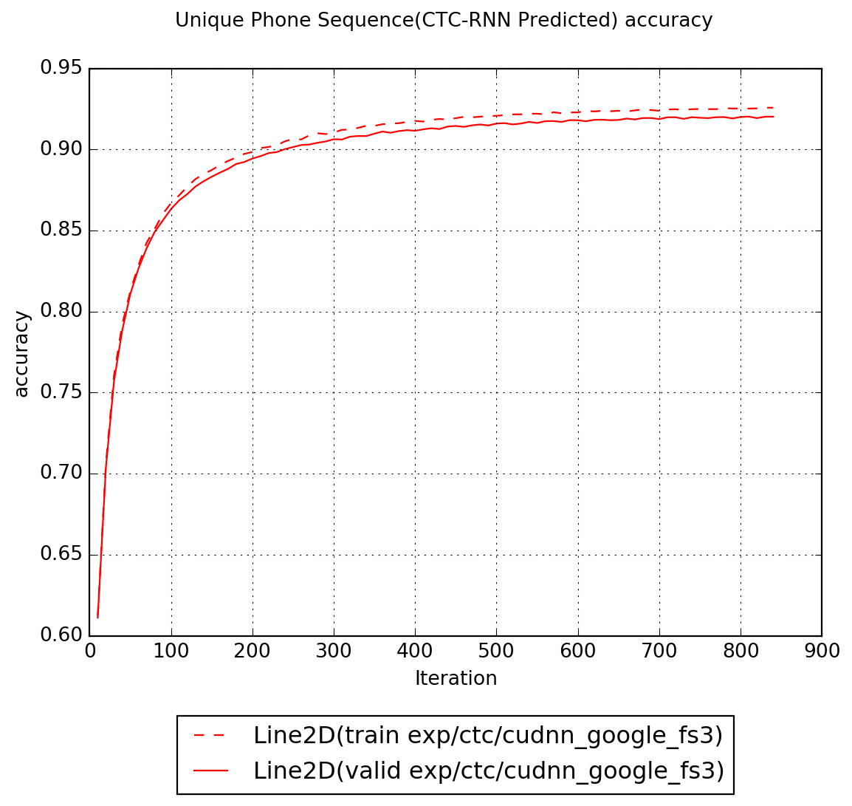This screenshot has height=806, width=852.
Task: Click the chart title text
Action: pyautogui.click(x=444, y=21)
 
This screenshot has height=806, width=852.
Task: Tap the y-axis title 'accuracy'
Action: pyautogui.click(x=22, y=353)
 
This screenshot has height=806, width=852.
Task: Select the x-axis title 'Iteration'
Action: pyautogui.click(x=456, y=678)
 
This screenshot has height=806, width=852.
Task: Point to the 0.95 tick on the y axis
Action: pyautogui.click(x=61, y=69)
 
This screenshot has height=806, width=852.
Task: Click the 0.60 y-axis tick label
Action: pyautogui.click(x=61, y=636)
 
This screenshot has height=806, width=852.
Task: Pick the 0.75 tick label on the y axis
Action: pyautogui.click(x=61, y=392)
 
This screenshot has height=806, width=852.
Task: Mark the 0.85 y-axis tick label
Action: pyautogui.click(x=61, y=230)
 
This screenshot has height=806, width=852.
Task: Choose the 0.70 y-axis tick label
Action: pyautogui.click(x=61, y=474)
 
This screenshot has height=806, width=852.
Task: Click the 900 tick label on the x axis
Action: pyautogui.click(x=822, y=652)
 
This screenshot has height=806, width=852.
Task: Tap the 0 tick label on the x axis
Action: pyautogui.click(x=90, y=652)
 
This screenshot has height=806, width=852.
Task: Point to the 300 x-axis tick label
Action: pyautogui.click(x=334, y=652)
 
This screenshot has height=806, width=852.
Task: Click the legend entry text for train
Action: pyautogui.click(x=487, y=736)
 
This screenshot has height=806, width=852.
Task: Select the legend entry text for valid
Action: pyautogui.click(x=488, y=771)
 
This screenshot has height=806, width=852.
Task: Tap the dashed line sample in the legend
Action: pyautogui.click(x=211, y=736)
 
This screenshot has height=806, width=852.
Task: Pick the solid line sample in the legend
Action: pyautogui.click(x=211, y=771)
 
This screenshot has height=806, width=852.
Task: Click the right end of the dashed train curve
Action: pyautogui.click(x=772, y=108)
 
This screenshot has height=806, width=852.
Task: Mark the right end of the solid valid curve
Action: pyautogui.click(x=772, y=117)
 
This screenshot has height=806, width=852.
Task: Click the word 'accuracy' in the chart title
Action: pyautogui.click(x=668, y=21)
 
